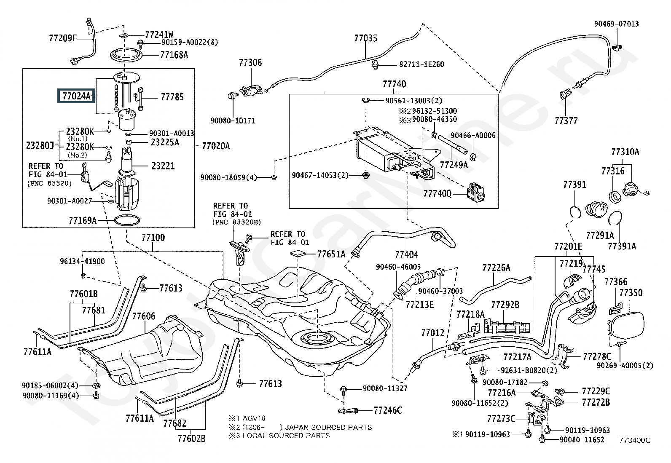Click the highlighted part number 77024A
point(76,96)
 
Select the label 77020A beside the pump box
point(216,146)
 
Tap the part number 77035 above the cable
point(366,38)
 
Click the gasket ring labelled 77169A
point(127,220)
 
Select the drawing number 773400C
point(635,440)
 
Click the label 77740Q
point(437,193)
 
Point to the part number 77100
point(153,238)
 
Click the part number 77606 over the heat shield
point(144,316)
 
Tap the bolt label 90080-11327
point(385,388)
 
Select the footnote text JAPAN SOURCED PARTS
point(328,427)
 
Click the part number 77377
point(566,120)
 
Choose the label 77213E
point(419,305)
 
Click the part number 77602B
point(191,439)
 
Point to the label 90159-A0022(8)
point(190,42)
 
